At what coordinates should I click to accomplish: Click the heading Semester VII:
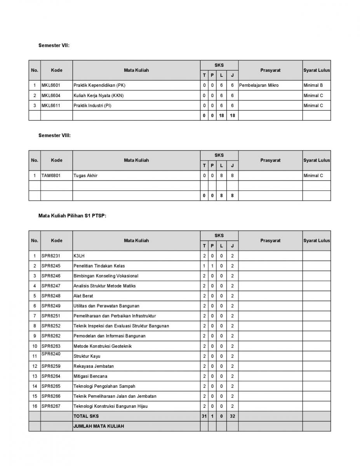(54, 45)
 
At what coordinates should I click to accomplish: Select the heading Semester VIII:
(54, 136)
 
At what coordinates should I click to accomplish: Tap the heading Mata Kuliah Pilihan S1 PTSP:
(72, 216)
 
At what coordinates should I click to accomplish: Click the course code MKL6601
(51, 85)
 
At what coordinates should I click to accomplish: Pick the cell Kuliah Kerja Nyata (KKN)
(99, 96)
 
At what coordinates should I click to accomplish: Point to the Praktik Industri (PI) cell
(92, 106)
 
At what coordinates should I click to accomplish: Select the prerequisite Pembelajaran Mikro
(259, 85)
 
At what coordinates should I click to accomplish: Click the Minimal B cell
(313, 85)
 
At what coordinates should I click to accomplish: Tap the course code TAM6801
(51, 176)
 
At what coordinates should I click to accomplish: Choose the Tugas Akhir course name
(85, 176)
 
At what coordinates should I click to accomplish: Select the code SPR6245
(51, 266)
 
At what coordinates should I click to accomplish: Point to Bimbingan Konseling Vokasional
(106, 276)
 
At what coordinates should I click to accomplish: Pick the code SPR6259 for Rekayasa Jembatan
(51, 366)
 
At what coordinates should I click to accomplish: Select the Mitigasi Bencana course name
(90, 376)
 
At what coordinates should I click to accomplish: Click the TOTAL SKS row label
(86, 416)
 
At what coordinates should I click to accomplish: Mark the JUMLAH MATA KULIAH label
(99, 426)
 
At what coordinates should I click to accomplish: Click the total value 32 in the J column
(232, 416)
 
